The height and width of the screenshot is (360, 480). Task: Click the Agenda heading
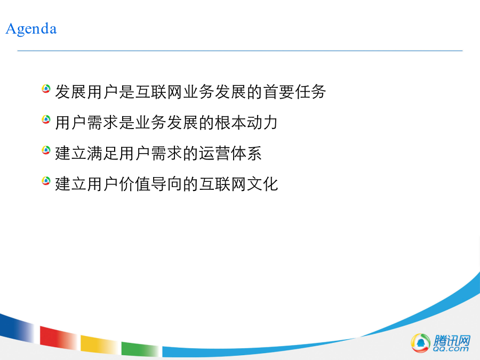click(31, 29)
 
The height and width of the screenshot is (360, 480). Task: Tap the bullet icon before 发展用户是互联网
click(46, 89)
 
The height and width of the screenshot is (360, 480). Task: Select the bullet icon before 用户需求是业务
click(46, 119)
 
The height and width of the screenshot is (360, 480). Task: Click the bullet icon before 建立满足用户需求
click(46, 150)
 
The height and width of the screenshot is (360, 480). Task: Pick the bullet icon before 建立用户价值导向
click(46, 181)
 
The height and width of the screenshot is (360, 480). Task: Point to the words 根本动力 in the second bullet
click(246, 123)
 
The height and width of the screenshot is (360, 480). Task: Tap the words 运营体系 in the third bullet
click(230, 153)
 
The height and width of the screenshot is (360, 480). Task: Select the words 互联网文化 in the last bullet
click(238, 183)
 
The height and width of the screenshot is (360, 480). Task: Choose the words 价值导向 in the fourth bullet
click(150, 183)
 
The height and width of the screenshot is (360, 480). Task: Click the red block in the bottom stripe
click(58, 338)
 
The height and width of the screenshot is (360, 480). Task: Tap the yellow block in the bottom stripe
click(99, 344)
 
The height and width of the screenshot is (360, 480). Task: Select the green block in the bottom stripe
click(140, 349)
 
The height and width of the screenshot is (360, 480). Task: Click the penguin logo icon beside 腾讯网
click(420, 342)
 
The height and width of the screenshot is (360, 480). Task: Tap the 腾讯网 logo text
click(452, 340)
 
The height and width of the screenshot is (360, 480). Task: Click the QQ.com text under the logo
click(451, 349)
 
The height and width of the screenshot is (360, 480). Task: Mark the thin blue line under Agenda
click(240, 51)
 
